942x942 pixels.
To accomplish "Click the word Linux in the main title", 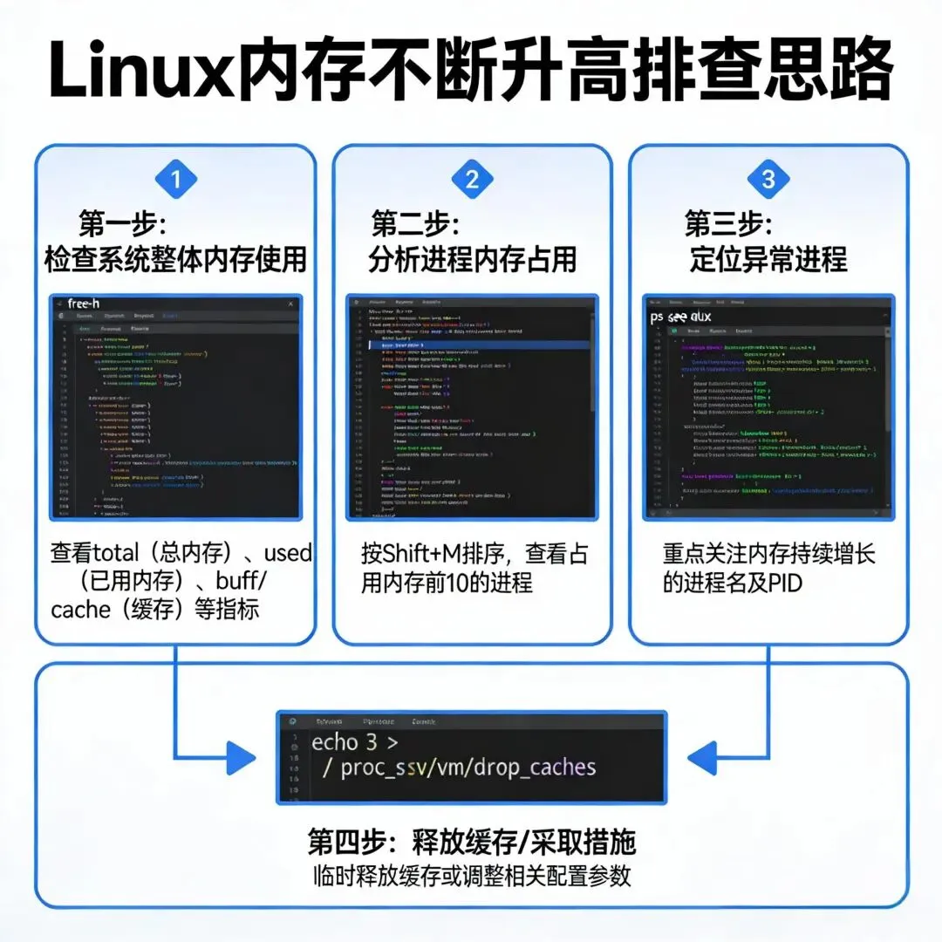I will point(139,70).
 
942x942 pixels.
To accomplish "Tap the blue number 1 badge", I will point(175,181).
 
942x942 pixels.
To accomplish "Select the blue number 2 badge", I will point(472,181).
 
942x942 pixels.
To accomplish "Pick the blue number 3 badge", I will point(768,181).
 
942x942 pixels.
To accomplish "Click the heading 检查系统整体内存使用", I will point(175,259).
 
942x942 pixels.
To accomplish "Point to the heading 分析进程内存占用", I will point(472,259).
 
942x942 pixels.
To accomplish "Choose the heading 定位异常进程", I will point(768,259).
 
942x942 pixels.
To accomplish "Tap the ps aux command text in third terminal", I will point(681,317).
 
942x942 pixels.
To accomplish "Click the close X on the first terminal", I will point(290,304).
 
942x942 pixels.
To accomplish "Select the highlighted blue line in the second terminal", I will point(471,345).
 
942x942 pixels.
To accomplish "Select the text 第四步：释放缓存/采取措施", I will point(472,842).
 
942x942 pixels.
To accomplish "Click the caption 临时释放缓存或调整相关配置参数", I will point(472,876).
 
